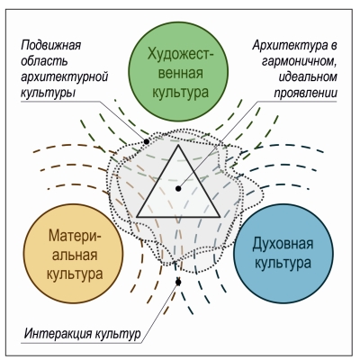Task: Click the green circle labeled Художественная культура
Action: pyautogui.click(x=178, y=72)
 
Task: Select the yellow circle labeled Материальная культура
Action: pyautogui.click(x=74, y=254)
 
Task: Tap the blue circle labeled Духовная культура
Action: pyautogui.click(x=283, y=254)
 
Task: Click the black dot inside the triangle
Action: pyautogui.click(x=178, y=188)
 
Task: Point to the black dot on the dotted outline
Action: pyautogui.click(x=147, y=141)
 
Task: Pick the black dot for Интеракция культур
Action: pyautogui.click(x=178, y=282)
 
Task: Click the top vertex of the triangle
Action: pyautogui.click(x=178, y=145)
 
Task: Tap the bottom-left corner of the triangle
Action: pyautogui.click(x=138, y=216)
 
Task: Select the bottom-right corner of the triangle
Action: pyautogui.click(x=220, y=216)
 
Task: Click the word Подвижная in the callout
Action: pyautogui.click(x=51, y=46)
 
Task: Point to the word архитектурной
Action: pyautogui.click(x=64, y=77)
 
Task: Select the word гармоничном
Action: pyautogui.click(x=300, y=61)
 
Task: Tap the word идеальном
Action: pyautogui.click(x=308, y=76)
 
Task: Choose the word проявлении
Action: pyautogui.click(x=305, y=93)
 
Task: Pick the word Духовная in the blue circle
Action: pyautogui.click(x=283, y=244)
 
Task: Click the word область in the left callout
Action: pyautogui.click(x=44, y=61)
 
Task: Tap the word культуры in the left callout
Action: pyautogui.click(x=48, y=93)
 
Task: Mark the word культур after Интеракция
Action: pyautogui.click(x=118, y=334)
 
